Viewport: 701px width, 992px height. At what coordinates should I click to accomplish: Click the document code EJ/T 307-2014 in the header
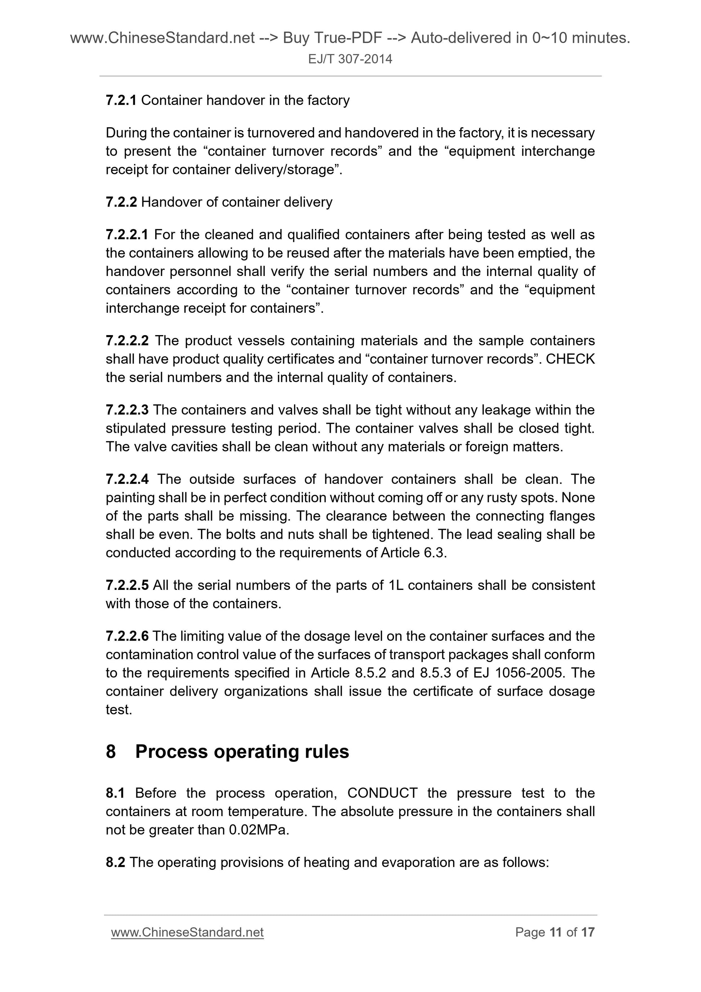point(350,59)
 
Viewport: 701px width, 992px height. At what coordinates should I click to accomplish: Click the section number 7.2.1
point(121,100)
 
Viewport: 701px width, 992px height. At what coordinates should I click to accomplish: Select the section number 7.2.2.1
point(127,235)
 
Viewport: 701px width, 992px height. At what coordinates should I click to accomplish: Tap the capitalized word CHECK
point(570,359)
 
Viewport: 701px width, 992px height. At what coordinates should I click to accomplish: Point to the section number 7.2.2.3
point(127,410)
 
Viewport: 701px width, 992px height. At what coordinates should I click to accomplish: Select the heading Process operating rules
point(242,751)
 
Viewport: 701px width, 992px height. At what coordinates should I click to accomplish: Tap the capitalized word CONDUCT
point(382,793)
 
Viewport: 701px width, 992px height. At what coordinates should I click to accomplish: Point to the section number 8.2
point(115,862)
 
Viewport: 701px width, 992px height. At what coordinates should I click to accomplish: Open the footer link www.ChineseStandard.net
point(187,933)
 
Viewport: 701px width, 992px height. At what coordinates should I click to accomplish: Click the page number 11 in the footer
point(555,933)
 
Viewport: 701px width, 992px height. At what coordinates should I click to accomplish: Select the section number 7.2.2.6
point(127,636)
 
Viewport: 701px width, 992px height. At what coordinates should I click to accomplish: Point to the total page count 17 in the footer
point(588,933)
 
